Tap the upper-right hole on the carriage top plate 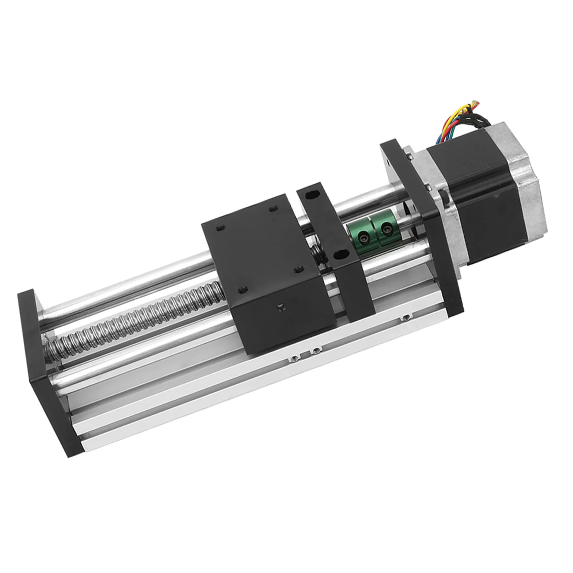point(274,208)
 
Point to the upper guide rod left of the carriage point(125,286)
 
